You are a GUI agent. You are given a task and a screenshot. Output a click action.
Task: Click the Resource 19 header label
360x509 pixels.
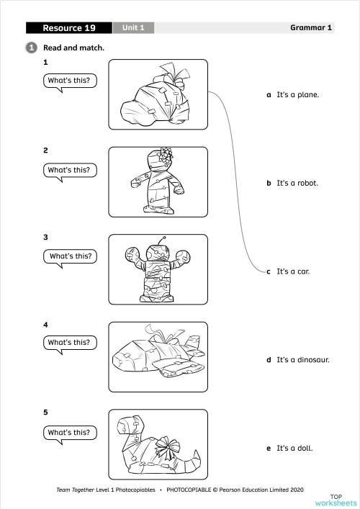click(68, 28)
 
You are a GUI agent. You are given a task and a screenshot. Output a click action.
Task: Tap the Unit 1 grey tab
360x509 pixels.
click(132, 28)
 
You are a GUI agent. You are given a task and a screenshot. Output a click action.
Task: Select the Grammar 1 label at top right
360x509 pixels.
click(310, 28)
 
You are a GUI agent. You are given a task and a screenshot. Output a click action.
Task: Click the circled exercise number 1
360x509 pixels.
click(32, 48)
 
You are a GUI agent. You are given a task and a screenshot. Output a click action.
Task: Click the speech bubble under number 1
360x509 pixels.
click(69, 81)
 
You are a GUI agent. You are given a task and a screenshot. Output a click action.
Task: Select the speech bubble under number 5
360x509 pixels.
click(69, 433)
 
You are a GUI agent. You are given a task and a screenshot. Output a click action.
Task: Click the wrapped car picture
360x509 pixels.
click(158, 94)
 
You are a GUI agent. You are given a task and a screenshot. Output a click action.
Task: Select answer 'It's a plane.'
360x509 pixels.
click(297, 94)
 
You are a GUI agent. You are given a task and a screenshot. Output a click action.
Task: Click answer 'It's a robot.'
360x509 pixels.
click(297, 183)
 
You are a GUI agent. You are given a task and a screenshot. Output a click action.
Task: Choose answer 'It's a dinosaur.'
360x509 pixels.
click(302, 359)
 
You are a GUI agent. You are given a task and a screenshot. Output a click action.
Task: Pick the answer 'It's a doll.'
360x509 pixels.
click(294, 448)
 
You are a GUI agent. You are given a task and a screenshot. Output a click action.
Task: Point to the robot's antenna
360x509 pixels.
click(163, 240)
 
